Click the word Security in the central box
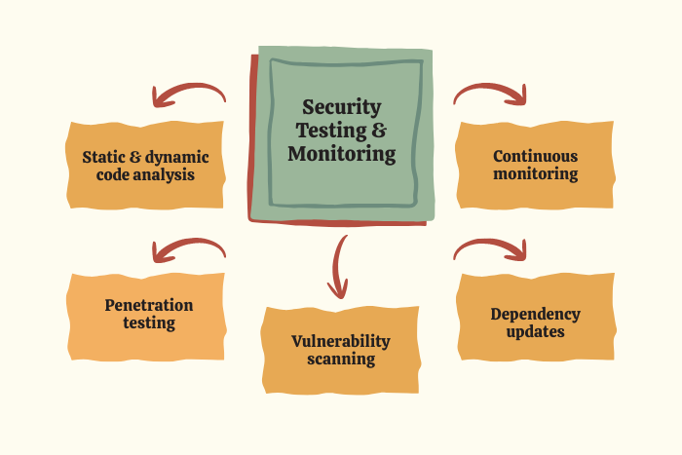pyautogui.click(x=341, y=107)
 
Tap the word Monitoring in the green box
pyautogui.click(x=342, y=154)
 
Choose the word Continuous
pyautogui.click(x=535, y=156)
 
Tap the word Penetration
pyautogui.click(x=148, y=305)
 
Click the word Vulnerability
pyautogui.click(x=341, y=341)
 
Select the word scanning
pyautogui.click(x=341, y=359)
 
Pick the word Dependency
pyautogui.click(x=535, y=314)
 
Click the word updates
pyautogui.click(x=535, y=332)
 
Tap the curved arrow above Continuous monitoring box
pyautogui.click(x=491, y=93)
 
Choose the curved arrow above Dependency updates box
pyautogui.click(x=491, y=249)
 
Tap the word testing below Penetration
pyautogui.click(x=148, y=323)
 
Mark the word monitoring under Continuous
pyautogui.click(x=535, y=174)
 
